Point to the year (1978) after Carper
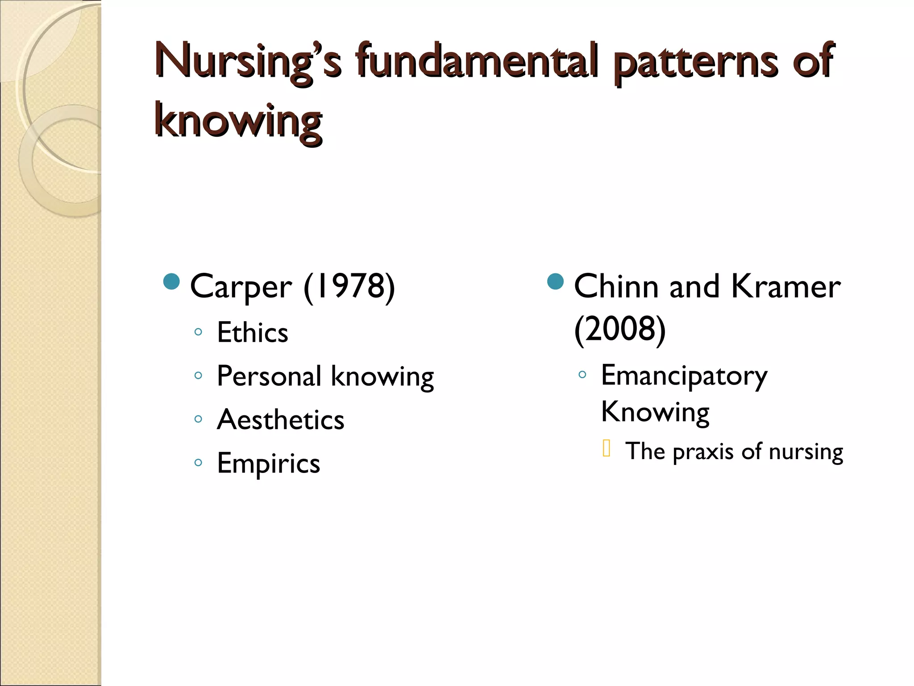tap(349, 287)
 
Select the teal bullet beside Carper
tap(171, 282)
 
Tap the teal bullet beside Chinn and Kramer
tap(555, 282)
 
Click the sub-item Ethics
tap(252, 333)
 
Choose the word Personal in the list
tap(269, 376)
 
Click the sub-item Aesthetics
tap(280, 420)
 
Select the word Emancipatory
tap(684, 376)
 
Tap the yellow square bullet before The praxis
tap(606, 448)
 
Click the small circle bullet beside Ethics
tap(199, 332)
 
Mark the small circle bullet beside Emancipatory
tap(582, 375)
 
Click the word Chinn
tap(616, 286)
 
